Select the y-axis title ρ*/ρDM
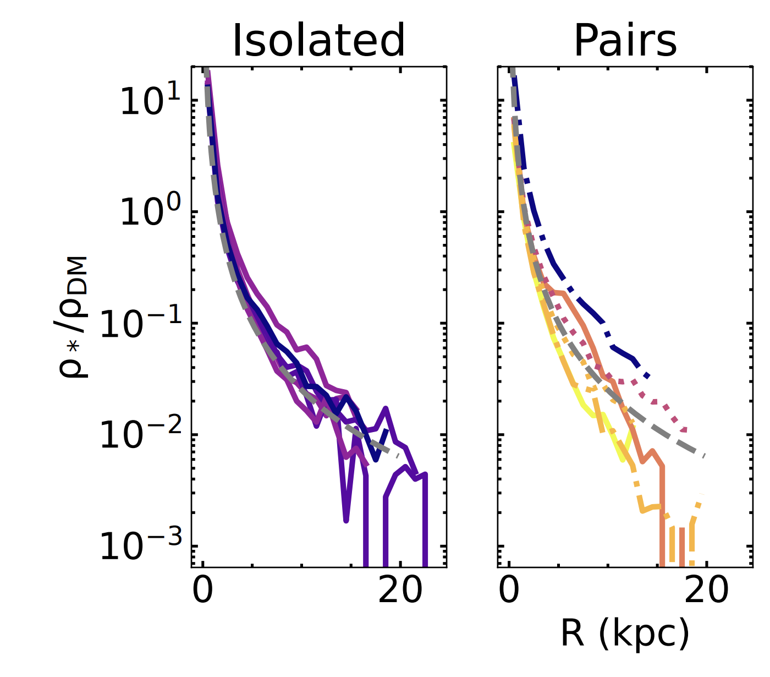pos(73,316)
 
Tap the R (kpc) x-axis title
pos(625,633)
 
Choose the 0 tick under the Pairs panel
pos(509,591)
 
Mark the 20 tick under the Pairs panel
pos(706,591)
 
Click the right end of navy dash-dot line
pos(648,376)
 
